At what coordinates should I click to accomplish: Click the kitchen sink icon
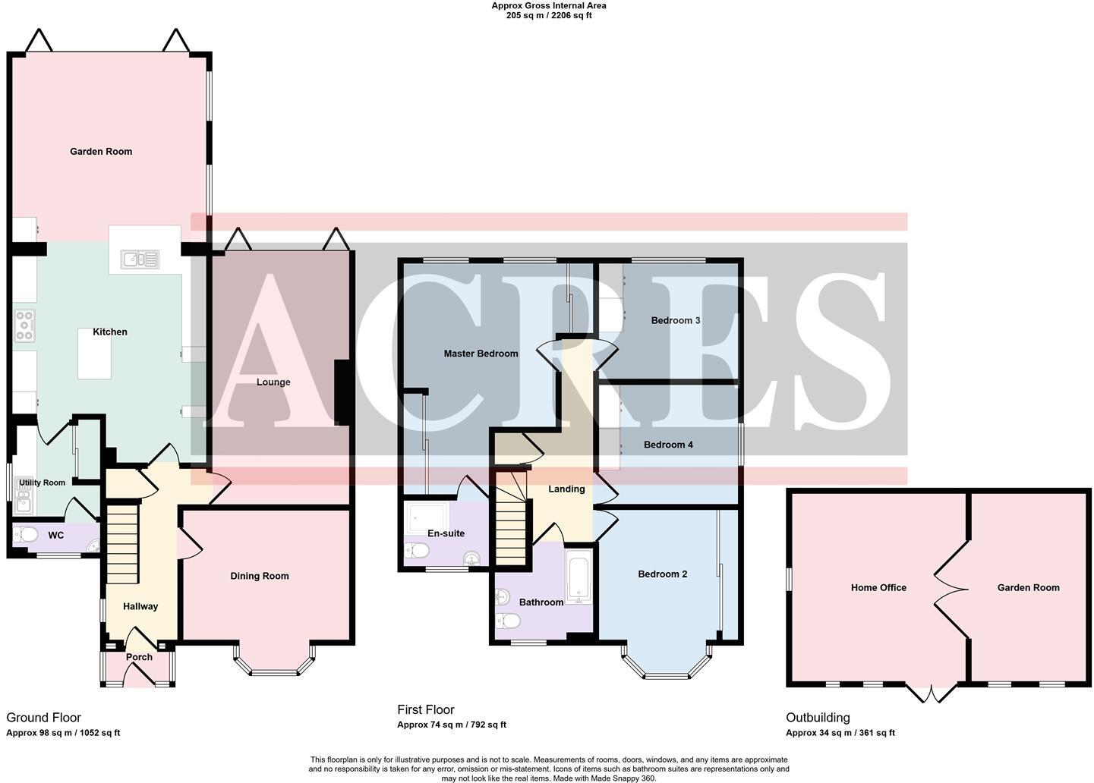click(140, 260)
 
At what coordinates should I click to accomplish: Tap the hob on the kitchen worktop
click(24, 325)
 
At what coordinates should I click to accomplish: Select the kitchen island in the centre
click(94, 354)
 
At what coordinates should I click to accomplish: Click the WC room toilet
click(27, 535)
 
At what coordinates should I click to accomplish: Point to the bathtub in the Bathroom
click(579, 577)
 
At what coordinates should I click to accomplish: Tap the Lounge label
click(273, 382)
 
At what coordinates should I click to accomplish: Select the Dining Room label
click(260, 576)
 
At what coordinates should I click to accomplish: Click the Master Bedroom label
click(481, 354)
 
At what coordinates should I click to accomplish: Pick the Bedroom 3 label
click(675, 320)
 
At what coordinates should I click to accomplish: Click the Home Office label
click(878, 587)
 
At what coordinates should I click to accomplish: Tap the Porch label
click(139, 657)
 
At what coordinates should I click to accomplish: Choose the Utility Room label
click(43, 483)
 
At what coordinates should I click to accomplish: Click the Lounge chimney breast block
click(342, 391)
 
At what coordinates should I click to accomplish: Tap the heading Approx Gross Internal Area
click(548, 6)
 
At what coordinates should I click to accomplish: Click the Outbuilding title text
click(818, 717)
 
